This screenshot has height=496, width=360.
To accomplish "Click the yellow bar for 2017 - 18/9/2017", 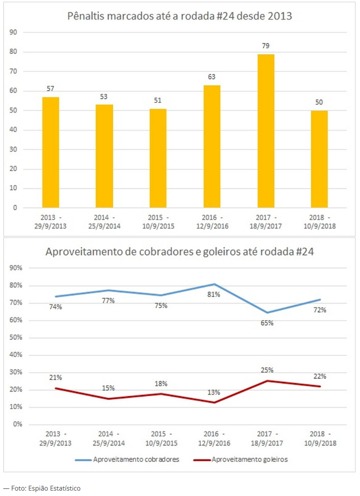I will point(266,131).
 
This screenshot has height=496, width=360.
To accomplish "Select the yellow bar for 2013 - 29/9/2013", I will point(51,152).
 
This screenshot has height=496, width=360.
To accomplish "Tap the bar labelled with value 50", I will point(320,159).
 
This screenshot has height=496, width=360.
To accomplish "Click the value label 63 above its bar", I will point(212,77).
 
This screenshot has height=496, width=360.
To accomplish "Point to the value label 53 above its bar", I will point(104,96).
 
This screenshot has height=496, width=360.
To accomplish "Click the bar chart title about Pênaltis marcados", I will point(180,16).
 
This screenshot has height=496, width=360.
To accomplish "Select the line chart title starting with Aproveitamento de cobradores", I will point(180,252).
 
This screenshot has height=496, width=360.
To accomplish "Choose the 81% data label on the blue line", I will point(213,294).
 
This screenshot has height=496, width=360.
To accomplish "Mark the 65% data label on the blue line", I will point(266,323).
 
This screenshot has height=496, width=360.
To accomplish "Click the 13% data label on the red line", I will point(213,392).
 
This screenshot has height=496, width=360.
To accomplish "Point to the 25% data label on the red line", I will point(266,370).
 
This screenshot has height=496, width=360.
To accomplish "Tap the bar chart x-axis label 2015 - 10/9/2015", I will point(158,222).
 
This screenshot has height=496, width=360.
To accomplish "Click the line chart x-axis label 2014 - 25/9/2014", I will point(104,438).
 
